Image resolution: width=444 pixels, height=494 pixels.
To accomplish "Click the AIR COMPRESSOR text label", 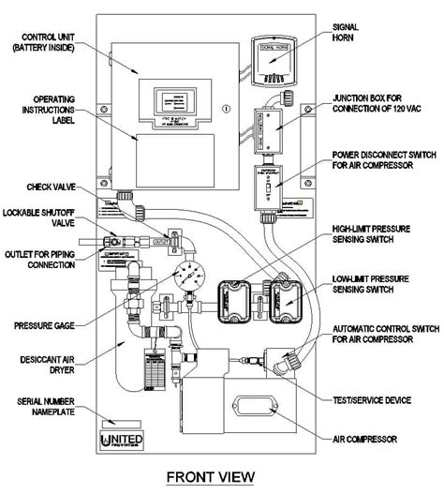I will click(367, 438).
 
